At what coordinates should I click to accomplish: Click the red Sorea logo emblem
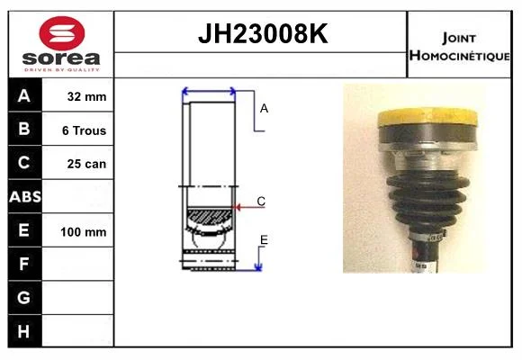(x=62, y=33)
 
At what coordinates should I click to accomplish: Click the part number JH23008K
(x=263, y=33)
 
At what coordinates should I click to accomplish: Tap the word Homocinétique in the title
(x=459, y=56)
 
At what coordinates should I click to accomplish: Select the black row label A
(x=24, y=96)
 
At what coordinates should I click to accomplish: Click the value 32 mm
(x=87, y=96)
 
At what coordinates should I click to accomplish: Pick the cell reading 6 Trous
(x=85, y=130)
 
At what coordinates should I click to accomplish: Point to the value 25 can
(x=86, y=164)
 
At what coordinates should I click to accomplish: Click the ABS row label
(x=25, y=197)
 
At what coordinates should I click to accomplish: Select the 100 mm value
(x=84, y=232)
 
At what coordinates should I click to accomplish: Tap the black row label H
(x=23, y=331)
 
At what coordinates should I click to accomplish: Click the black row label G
(x=23, y=297)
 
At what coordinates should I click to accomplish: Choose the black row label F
(x=23, y=264)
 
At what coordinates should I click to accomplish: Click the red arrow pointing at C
(x=249, y=207)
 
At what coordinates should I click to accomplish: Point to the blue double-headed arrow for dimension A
(x=209, y=91)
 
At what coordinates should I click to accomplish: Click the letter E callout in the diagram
(x=264, y=239)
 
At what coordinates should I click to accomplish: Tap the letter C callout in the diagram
(x=261, y=201)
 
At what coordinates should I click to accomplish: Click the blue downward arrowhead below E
(x=258, y=267)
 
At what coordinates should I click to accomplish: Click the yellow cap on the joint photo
(x=427, y=117)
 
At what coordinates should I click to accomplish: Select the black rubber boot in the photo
(x=427, y=200)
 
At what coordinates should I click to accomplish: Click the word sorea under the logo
(x=61, y=58)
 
